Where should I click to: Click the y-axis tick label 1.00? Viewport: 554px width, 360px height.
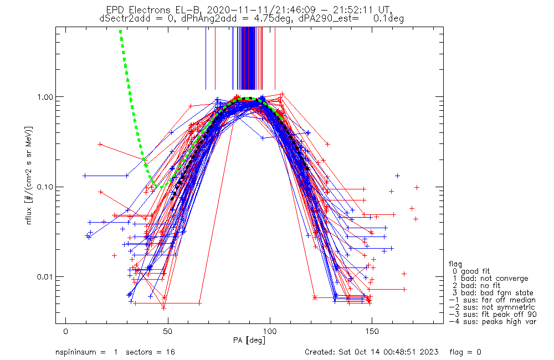[x=44, y=97]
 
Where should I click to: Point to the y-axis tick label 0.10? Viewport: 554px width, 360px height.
[x=44, y=187]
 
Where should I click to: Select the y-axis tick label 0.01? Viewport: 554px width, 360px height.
[x=44, y=276]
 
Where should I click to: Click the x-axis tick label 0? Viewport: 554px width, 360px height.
[x=66, y=331]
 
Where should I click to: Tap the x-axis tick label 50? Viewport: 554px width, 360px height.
[x=168, y=331]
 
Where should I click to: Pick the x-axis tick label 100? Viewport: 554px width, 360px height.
[x=270, y=331]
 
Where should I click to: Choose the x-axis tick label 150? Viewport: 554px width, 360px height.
[x=372, y=331]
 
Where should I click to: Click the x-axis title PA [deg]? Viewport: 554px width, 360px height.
[x=249, y=340]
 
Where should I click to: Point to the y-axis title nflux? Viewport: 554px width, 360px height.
[x=29, y=215]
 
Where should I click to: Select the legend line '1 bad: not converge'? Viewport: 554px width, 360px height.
[x=491, y=279]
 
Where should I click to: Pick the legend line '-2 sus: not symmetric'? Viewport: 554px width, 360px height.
[x=492, y=307]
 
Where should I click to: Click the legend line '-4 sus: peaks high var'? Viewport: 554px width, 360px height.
[x=493, y=322]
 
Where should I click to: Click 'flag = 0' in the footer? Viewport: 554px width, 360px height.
[x=465, y=352]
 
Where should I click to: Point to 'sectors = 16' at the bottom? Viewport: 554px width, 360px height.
[x=151, y=352]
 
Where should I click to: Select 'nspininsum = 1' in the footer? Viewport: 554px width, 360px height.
[x=86, y=352]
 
